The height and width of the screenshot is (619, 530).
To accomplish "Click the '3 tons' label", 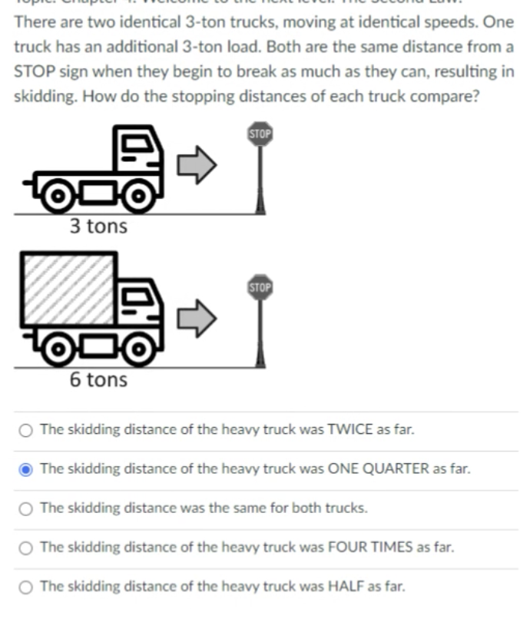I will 98,227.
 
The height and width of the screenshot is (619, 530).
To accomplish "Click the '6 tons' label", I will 98,379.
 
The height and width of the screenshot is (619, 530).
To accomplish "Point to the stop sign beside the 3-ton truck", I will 260,135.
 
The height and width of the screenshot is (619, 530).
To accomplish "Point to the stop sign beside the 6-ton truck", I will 260,288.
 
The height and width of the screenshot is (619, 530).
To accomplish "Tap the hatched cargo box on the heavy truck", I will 68,289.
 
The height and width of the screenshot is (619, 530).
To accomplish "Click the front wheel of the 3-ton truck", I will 137,197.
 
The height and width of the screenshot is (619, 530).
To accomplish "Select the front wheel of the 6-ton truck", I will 137,350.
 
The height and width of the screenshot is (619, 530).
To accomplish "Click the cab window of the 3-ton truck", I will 138,144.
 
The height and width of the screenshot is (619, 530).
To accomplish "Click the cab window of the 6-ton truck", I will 138,297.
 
